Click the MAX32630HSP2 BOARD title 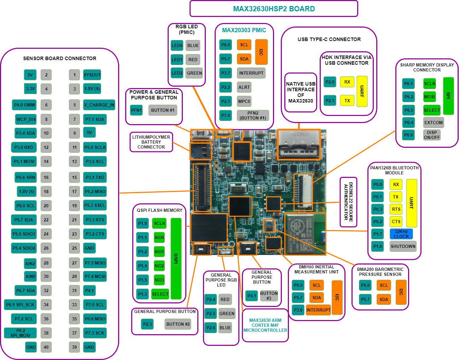click(x=274, y=9)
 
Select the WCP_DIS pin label click(x=26, y=119)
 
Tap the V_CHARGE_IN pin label click(x=99, y=105)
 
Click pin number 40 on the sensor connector click(x=46, y=347)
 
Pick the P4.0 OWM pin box click(x=24, y=105)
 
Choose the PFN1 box click(x=136, y=110)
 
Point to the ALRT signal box click(x=244, y=87)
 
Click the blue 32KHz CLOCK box click(x=401, y=234)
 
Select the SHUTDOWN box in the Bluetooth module click(x=403, y=246)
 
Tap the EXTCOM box click(x=433, y=122)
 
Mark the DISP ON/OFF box click(x=432, y=135)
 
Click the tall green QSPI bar click(x=176, y=259)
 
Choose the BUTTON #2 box click(x=178, y=324)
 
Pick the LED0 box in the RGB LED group click(x=177, y=45)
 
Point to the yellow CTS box click(x=396, y=222)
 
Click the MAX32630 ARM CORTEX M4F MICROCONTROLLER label click(x=265, y=325)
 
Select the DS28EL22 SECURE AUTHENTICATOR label click(x=348, y=202)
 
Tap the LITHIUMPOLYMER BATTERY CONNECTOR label click(x=151, y=142)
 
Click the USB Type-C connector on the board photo click(x=299, y=144)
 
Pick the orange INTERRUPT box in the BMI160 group click(x=318, y=310)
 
